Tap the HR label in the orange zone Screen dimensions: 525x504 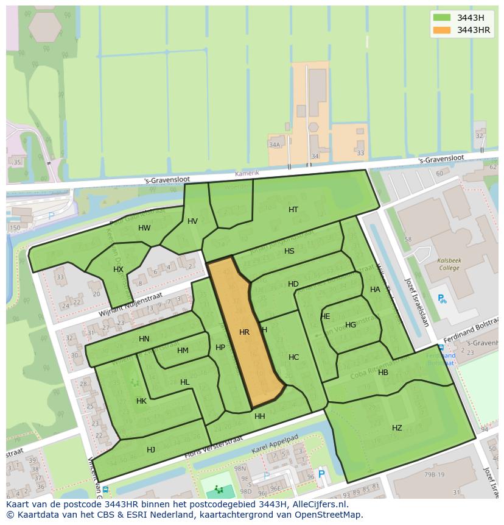tap(244, 332)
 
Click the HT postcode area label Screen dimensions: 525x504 tap(293, 210)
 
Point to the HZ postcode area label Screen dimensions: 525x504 tap(397, 428)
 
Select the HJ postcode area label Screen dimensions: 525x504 tap(151, 450)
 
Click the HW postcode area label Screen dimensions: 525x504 tap(144, 228)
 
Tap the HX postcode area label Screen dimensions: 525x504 tap(118, 270)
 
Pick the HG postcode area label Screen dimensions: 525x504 tap(351, 325)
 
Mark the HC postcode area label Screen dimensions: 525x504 tap(294, 357)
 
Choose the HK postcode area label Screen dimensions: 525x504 tap(141, 401)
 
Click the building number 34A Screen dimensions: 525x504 tap(275, 145)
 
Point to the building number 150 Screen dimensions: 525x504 tap(15, 228)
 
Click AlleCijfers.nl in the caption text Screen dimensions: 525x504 tap(317, 504)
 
